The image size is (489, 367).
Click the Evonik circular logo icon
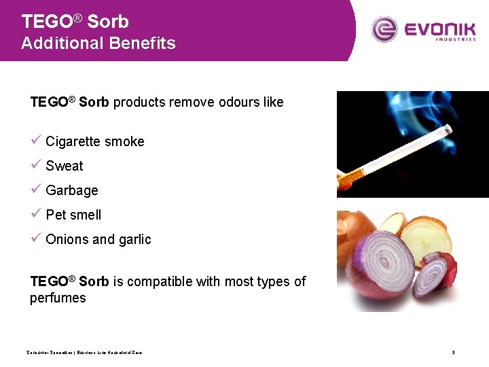[384, 29]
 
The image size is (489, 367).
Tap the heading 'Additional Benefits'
[98, 43]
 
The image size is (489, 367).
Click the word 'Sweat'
[65, 166]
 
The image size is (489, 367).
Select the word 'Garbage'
[72, 191]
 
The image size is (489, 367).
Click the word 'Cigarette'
[73, 141]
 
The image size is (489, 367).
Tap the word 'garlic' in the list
[135, 239]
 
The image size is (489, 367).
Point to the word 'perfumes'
[58, 298]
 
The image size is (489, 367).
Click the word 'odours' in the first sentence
[240, 103]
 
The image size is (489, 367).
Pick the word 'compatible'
[159, 281]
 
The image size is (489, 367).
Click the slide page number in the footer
[452, 352]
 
